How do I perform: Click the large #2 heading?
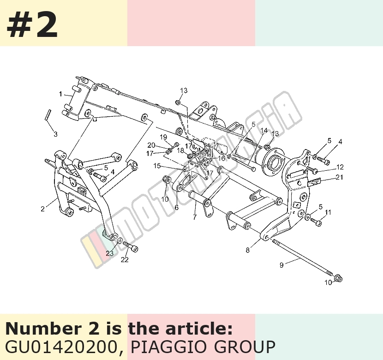click(32, 24)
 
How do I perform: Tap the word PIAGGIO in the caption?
click(168, 347)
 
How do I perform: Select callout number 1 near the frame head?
click(60, 94)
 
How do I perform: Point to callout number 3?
click(56, 134)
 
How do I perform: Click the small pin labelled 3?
click(48, 114)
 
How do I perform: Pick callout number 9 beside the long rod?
click(281, 265)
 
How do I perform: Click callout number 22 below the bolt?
click(125, 260)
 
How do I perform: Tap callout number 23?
click(110, 253)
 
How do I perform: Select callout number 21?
click(340, 177)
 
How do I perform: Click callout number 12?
click(340, 167)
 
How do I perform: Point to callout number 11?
click(328, 212)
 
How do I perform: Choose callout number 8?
click(248, 250)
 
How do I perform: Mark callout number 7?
click(195, 217)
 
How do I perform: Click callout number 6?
click(177, 208)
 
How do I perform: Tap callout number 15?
click(157, 166)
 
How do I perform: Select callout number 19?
click(163, 137)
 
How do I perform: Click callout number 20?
click(151, 145)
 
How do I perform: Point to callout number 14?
click(264, 131)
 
